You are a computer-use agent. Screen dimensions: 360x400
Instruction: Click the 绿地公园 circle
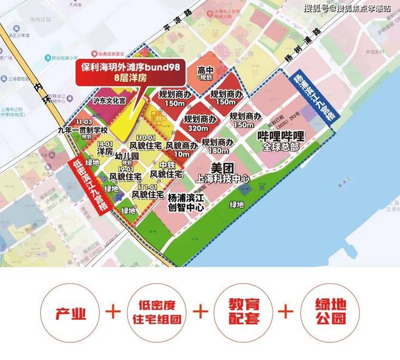pos(328,313)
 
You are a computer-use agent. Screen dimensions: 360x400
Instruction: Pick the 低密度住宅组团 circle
pos(156,313)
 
